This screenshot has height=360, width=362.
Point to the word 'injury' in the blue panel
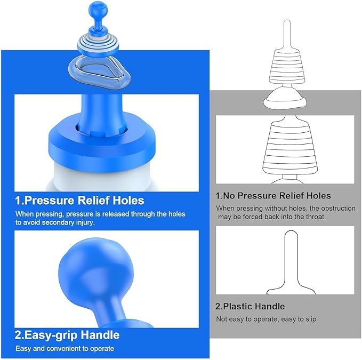(x=85, y=222)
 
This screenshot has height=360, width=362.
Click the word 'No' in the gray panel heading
(x=229, y=196)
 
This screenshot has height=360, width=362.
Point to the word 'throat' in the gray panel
(x=315, y=217)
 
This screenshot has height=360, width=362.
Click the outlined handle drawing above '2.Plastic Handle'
(x=291, y=262)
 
